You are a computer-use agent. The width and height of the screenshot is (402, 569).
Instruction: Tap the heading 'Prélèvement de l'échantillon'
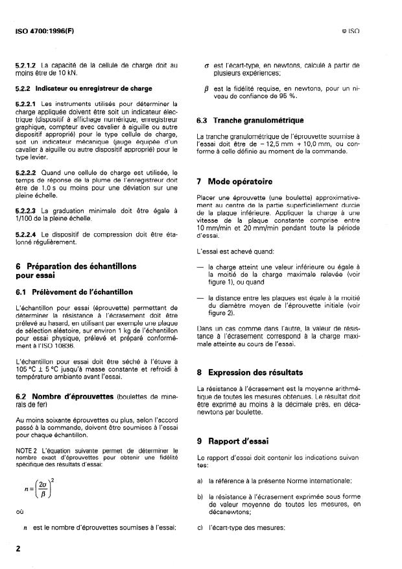[x=84, y=291]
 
